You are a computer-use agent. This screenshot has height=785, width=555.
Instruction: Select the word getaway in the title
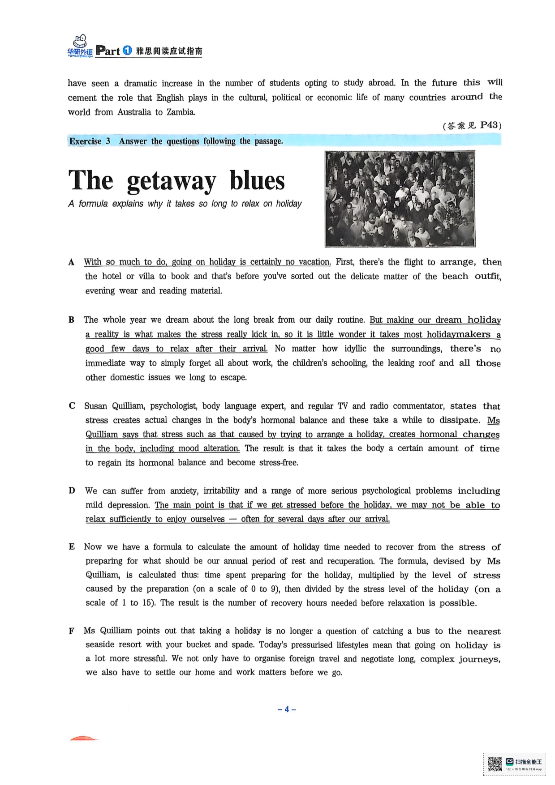pyautogui.click(x=171, y=181)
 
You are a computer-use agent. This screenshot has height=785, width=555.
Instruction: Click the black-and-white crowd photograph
pyautogui.click(x=400, y=199)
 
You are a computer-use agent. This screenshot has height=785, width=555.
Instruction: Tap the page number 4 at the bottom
pyautogui.click(x=287, y=709)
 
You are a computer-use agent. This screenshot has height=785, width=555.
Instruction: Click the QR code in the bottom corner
pyautogui.click(x=495, y=764)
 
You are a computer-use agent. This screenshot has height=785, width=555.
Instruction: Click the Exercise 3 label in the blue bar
pyautogui.click(x=90, y=141)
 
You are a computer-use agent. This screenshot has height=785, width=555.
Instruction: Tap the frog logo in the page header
pyautogui.click(x=80, y=43)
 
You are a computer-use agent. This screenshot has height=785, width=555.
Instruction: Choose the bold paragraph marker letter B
pyautogui.click(x=71, y=320)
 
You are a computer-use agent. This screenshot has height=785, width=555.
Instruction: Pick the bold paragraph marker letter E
pyautogui.click(x=72, y=546)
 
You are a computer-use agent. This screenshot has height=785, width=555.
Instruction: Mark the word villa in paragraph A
pyautogui.click(x=146, y=276)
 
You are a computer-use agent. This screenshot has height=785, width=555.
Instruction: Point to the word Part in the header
pyautogui.click(x=108, y=51)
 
